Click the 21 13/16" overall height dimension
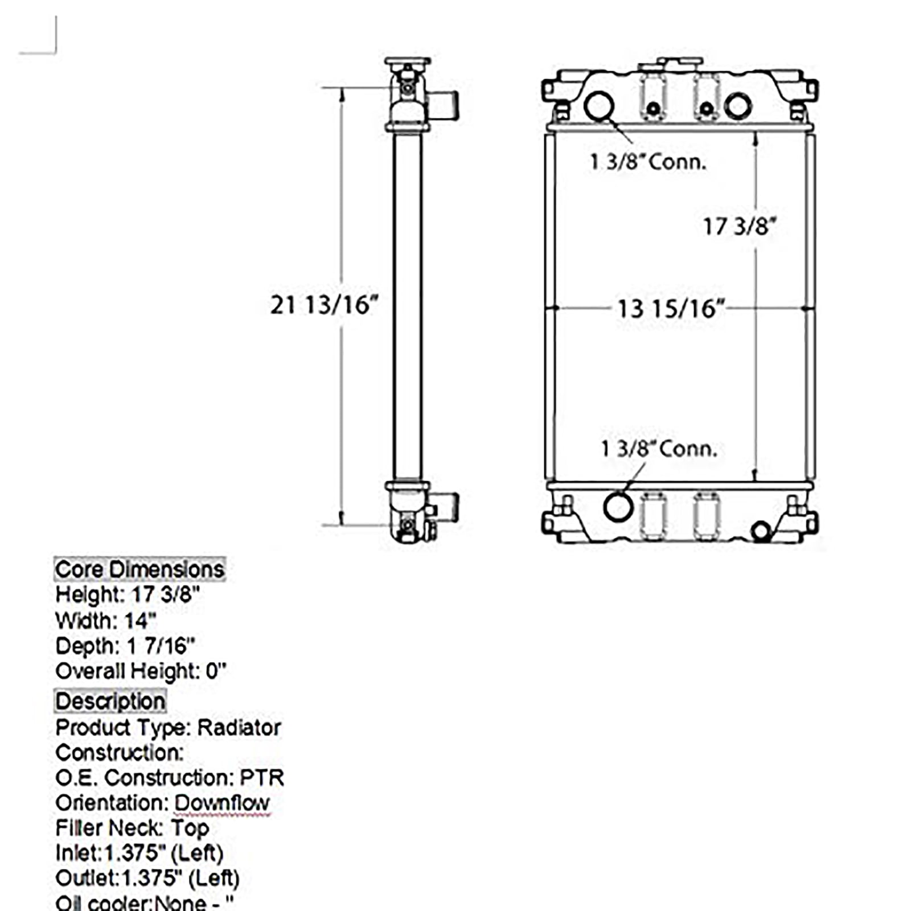coord(323,305)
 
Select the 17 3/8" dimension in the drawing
coord(739,227)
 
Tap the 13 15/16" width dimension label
coord(671,309)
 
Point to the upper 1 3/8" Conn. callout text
coord(648,162)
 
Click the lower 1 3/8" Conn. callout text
coord(659,449)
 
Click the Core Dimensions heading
coord(139,569)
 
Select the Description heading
coord(110,701)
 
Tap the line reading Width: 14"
coord(106,621)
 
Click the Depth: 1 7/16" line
coord(125,646)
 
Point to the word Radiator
coord(239,728)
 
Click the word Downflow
coord(221,803)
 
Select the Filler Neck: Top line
coord(132,828)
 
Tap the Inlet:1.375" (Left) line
coord(139,853)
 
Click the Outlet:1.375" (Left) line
coord(147,878)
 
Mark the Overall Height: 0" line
coord(141,671)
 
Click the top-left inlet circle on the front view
coord(599,106)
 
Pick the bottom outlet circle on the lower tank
coord(618,506)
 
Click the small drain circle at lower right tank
coord(761,532)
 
